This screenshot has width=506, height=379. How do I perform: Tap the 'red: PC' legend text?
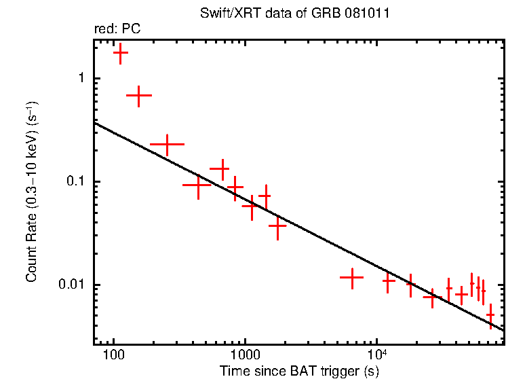117,30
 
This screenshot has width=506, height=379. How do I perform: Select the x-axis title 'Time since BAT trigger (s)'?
299,371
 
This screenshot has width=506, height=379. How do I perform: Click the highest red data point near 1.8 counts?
121,52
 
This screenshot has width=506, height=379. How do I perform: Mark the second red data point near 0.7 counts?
139,96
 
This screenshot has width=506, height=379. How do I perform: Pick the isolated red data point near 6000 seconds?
352,277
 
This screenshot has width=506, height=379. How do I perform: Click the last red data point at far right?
490,315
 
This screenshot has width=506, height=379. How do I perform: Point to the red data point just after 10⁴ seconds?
389,280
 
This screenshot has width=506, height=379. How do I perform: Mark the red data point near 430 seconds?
197,184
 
